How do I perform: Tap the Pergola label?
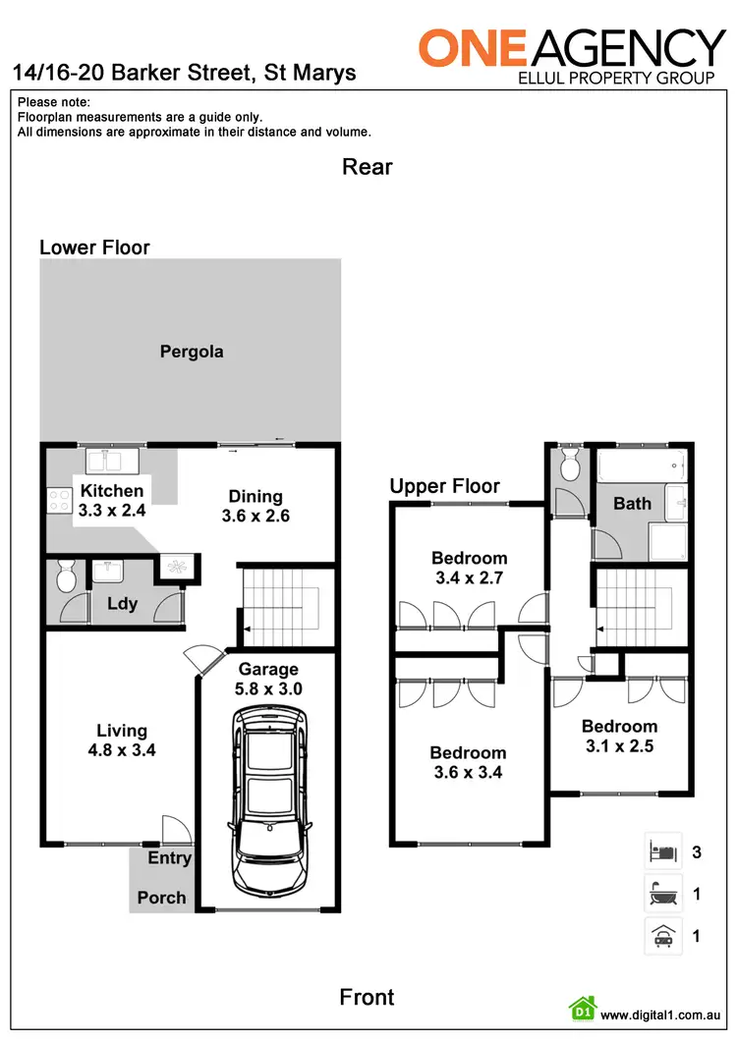click(192, 352)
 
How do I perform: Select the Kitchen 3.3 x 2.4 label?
click(112, 500)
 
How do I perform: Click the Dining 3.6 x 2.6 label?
click(255, 506)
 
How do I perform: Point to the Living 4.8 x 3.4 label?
click(122, 740)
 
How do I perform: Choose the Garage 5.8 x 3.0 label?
click(268, 680)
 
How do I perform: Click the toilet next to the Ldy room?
click(66, 576)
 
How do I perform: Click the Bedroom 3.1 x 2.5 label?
click(618, 736)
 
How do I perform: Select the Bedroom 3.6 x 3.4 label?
click(468, 762)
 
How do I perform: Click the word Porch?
click(161, 897)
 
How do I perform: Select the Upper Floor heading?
click(444, 486)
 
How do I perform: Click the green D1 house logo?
click(582, 1009)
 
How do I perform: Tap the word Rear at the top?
click(368, 166)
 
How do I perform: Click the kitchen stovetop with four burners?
click(54, 501)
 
